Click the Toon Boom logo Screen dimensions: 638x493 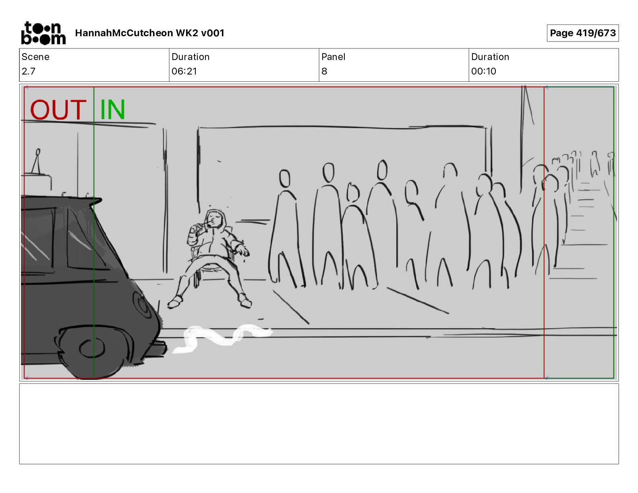click(43, 33)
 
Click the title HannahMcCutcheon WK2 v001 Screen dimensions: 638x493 click(149, 33)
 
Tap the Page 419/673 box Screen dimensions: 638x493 click(582, 33)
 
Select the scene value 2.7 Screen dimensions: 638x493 click(29, 71)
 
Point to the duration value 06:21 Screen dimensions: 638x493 click(184, 71)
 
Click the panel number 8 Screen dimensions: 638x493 click(324, 71)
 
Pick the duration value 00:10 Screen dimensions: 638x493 click(484, 71)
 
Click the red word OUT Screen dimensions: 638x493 click(58, 110)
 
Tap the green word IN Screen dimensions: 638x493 click(113, 110)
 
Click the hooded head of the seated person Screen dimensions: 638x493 click(216, 219)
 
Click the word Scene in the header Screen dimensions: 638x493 click(35, 57)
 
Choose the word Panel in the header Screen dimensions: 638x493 click(333, 57)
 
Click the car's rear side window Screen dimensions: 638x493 click(85, 238)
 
